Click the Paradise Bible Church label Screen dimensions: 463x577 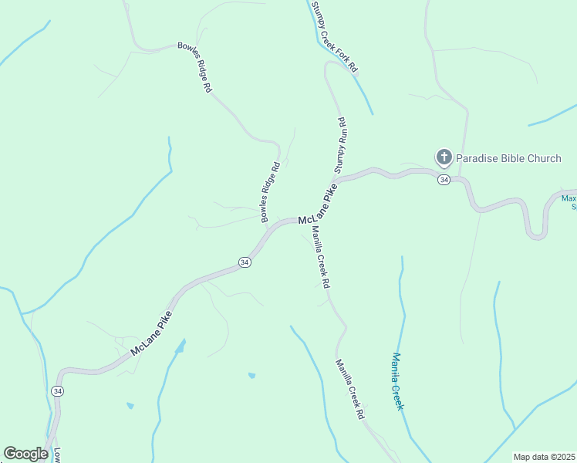(x=508, y=159)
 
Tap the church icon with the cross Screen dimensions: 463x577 (x=444, y=158)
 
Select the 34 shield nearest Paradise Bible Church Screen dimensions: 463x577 (x=443, y=180)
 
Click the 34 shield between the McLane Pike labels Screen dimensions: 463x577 (x=245, y=262)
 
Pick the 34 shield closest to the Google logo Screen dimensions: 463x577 (x=57, y=391)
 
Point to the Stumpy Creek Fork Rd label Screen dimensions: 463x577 (x=335, y=37)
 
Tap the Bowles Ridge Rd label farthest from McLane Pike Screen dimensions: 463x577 (x=194, y=67)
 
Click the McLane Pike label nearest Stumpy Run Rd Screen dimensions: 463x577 (x=318, y=208)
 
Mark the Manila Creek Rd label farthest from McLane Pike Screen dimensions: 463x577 (x=349, y=389)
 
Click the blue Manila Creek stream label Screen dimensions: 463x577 (x=397, y=381)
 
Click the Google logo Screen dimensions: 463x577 (x=25, y=454)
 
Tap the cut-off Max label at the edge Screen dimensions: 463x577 (x=569, y=203)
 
